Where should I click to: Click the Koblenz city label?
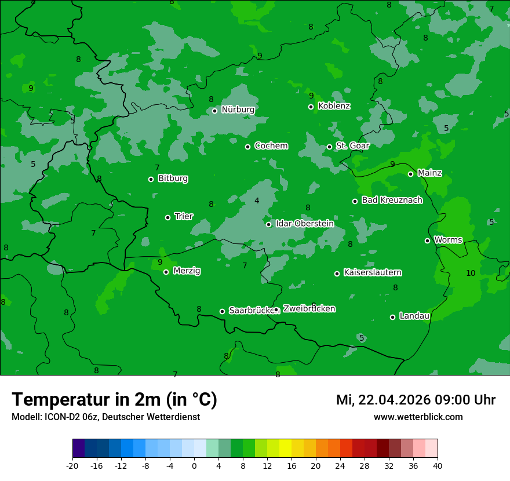[x=334, y=106]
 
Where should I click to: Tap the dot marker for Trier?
[x=168, y=217]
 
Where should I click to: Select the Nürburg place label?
[x=238, y=110]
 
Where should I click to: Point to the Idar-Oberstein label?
[x=304, y=224]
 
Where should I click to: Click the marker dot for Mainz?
[x=410, y=174]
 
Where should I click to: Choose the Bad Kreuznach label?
[x=392, y=201]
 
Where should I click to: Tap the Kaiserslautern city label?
[x=372, y=272]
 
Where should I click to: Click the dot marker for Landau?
[x=392, y=317]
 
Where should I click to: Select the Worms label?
[x=448, y=240]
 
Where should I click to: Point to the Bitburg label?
[x=173, y=178]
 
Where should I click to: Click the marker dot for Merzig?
[x=166, y=272]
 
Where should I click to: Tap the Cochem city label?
[x=271, y=146]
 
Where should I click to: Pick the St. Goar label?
[x=352, y=146]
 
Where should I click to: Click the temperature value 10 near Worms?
[x=471, y=273]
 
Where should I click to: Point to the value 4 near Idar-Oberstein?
[x=257, y=201]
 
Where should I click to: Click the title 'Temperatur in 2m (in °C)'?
[x=114, y=400]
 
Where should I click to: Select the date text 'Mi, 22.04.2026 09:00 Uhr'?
[x=416, y=400]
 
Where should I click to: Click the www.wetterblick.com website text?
[x=418, y=417]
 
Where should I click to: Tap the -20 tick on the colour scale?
[x=72, y=466]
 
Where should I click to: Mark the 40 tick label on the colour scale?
[x=438, y=466]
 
